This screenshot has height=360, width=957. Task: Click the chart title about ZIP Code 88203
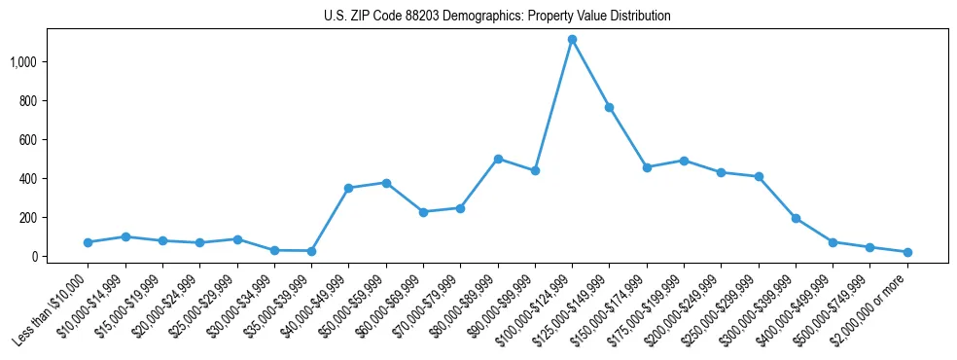click(497, 17)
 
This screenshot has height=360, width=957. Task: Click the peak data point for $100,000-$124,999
click(572, 40)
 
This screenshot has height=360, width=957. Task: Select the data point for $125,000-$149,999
click(609, 107)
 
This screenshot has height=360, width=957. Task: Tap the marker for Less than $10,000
click(88, 242)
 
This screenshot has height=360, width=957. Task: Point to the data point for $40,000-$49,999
click(348, 188)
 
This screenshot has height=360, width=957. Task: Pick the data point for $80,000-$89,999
click(498, 159)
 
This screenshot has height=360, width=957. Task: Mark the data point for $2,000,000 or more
click(907, 252)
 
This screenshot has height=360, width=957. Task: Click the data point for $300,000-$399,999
click(796, 218)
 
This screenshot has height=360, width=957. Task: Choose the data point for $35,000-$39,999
click(311, 251)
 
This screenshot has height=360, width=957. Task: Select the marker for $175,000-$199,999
click(684, 161)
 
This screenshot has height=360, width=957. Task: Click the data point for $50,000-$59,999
click(386, 183)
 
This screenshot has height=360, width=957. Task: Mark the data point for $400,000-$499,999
click(833, 242)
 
